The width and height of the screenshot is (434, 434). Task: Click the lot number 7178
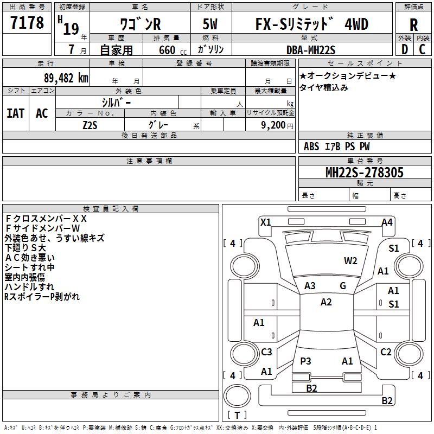[x=27, y=24]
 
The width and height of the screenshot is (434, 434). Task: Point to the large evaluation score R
[x=413, y=24]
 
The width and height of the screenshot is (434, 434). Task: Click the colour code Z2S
[x=90, y=124]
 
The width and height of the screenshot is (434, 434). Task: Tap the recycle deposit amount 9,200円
[x=276, y=125]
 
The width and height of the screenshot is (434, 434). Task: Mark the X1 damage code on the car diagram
[x=265, y=222]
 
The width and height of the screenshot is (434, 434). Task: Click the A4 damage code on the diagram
[x=386, y=222]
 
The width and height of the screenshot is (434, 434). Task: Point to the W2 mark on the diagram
[x=350, y=261]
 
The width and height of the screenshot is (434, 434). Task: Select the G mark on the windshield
[x=343, y=286]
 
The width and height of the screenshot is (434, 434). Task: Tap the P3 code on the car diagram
[x=305, y=361]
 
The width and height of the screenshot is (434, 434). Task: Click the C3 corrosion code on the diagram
[x=266, y=352]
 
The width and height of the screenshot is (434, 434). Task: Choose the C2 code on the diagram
[x=385, y=352]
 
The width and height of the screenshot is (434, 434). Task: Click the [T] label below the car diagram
[x=237, y=415]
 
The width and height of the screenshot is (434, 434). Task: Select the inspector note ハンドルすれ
[x=29, y=286]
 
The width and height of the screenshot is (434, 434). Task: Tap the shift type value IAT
[x=16, y=113]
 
